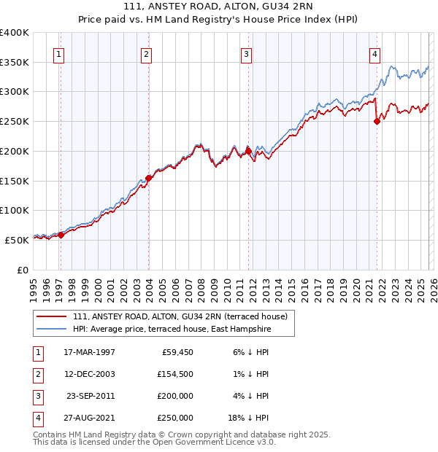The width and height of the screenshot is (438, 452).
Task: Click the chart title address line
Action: pyautogui.click(x=218, y=7)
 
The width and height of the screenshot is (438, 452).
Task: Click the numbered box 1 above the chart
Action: pyautogui.click(x=58, y=53)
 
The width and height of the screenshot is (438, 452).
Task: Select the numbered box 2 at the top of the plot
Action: pyautogui.click(x=146, y=53)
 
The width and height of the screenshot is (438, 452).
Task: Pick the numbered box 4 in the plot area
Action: pyautogui.click(x=374, y=53)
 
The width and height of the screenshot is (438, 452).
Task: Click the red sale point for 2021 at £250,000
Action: pyautogui.click(x=377, y=122)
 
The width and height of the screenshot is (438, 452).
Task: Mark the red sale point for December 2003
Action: pyautogui.click(x=148, y=178)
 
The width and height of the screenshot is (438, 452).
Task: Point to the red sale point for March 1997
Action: pyautogui.click(x=61, y=235)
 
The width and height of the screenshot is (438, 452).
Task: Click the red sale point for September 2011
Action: pyautogui.click(x=249, y=151)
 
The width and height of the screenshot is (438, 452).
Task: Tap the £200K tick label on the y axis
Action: pyautogui.click(x=15, y=151)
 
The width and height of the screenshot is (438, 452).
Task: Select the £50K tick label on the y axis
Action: pyautogui.click(x=18, y=240)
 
